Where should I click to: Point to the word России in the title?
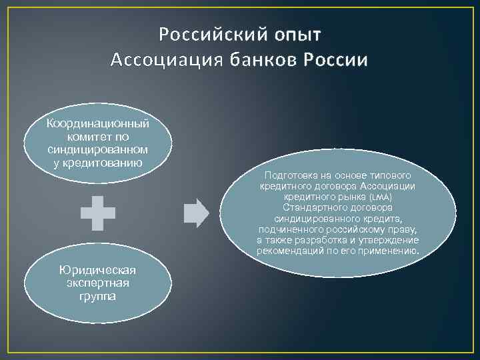[336, 61]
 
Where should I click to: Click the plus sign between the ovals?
[98, 213]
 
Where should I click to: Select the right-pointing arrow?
[196, 213]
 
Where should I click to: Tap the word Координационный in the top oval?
[98, 123]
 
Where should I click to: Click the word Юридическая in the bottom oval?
[97, 269]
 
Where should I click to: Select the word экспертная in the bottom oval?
[97, 283]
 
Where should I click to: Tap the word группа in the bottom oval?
[97, 295]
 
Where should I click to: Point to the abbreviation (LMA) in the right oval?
[380, 198]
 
